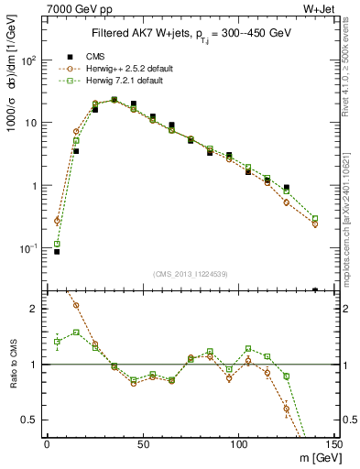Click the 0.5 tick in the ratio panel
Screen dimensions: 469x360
click(x=27, y=420)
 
